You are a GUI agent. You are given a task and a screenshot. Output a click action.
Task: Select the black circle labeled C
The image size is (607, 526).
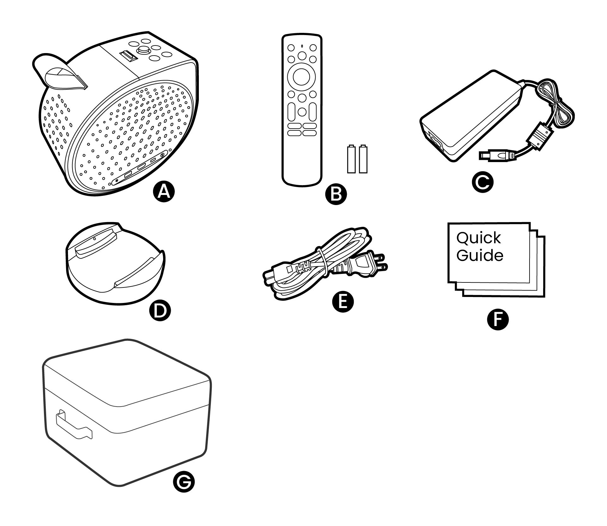tap(482, 182)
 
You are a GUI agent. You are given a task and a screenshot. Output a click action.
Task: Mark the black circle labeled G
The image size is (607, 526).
tap(184, 491)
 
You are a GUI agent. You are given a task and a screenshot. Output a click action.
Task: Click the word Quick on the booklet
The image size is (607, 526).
tap(479, 238)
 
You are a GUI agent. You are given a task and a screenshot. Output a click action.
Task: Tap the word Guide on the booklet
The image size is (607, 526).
tap(480, 255)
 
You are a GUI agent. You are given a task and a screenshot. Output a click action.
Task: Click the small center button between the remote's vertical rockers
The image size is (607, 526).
tap(302, 111)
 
